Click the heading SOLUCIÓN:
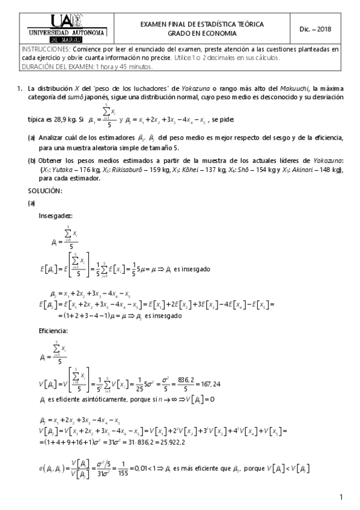[45, 191]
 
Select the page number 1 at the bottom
[340, 497]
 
